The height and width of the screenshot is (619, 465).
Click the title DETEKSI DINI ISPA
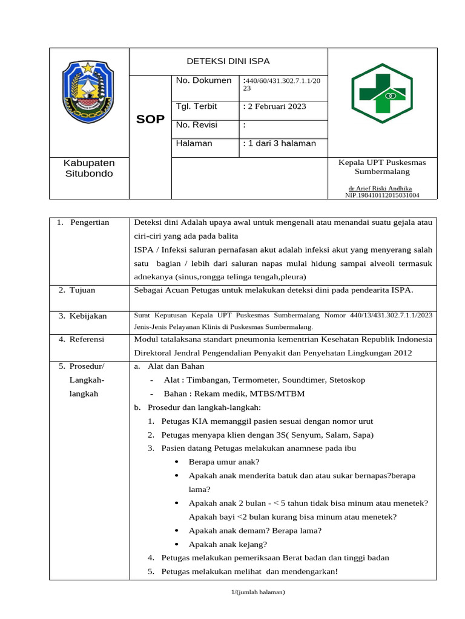[228, 61]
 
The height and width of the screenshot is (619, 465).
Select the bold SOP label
[150, 120]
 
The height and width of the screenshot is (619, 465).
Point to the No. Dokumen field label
[203, 80]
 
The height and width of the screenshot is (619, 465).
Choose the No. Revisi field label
[197, 125]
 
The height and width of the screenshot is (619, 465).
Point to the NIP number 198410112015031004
[382, 195]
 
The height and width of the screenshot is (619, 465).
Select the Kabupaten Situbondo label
[89, 168]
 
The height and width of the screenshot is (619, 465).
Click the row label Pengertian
[90, 222]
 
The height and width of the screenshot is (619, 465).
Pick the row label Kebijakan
[88, 316]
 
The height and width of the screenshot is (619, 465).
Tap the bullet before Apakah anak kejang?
[176, 545]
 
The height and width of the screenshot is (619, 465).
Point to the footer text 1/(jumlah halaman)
[258, 592]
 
